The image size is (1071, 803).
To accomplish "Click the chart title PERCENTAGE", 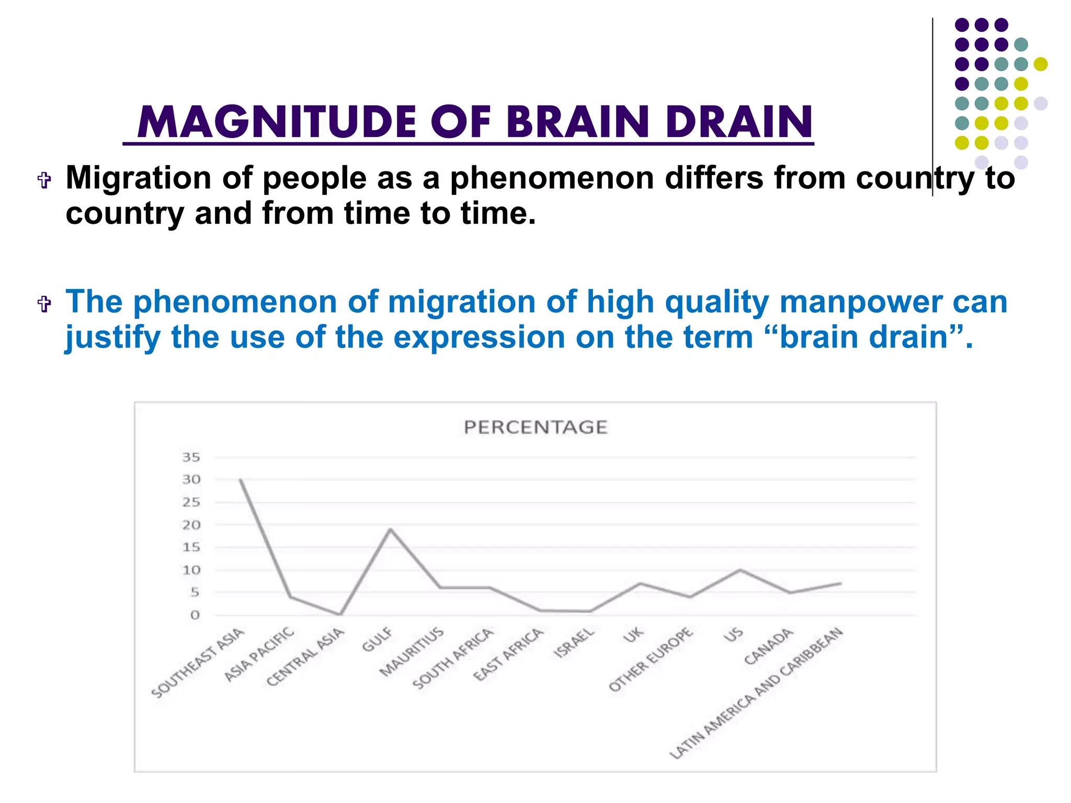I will (535, 427).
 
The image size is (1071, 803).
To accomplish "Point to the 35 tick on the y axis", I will (191, 457).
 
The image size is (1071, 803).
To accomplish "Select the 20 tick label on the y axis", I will (191, 525).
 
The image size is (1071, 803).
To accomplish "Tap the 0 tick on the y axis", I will (195, 615).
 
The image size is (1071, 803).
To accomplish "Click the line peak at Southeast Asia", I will (241, 479).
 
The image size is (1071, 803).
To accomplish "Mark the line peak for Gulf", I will (390, 529).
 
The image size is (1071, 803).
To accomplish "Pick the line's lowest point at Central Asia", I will (340, 614).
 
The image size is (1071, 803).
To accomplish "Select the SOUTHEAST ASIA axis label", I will (198, 663).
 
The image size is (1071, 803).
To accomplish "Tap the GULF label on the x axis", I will (377, 639).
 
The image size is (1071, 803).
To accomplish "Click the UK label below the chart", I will (633, 635).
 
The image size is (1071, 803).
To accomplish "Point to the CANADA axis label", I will (768, 647).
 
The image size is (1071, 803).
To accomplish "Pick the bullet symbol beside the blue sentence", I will (44, 304).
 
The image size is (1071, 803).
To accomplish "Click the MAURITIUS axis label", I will (412, 652).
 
